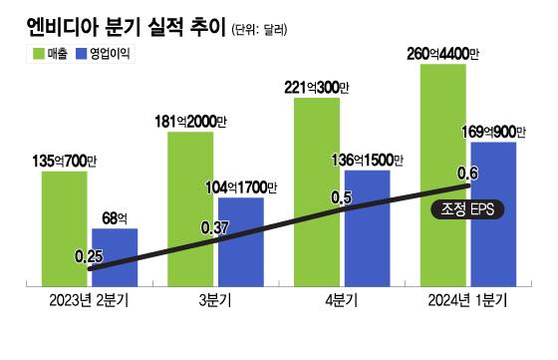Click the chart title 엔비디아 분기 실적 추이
tap(114, 25)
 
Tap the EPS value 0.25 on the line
tap(89, 257)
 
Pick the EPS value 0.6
tap(467, 175)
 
